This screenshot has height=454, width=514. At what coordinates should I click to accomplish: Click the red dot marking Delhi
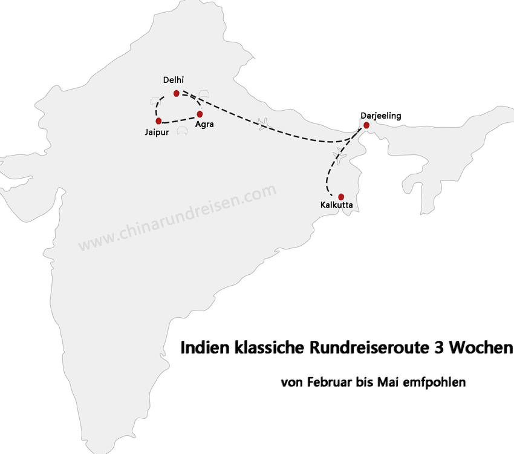(177, 93)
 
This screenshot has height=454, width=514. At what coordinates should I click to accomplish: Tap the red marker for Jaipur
(158, 121)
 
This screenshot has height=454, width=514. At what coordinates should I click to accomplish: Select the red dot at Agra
(200, 114)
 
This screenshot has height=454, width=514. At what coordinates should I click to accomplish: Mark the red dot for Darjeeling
(366, 125)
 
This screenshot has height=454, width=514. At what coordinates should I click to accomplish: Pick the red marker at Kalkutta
(341, 197)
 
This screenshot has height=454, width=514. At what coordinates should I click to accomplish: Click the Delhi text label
(173, 81)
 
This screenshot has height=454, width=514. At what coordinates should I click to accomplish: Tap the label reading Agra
(204, 125)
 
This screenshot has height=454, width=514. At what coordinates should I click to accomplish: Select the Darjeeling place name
(380, 115)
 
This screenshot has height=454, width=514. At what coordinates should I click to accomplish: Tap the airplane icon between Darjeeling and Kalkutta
(340, 158)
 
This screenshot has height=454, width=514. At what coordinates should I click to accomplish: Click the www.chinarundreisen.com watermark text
(177, 217)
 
